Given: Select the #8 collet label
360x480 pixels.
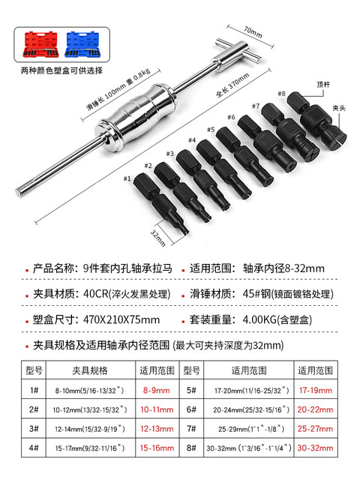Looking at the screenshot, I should coord(282,94).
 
